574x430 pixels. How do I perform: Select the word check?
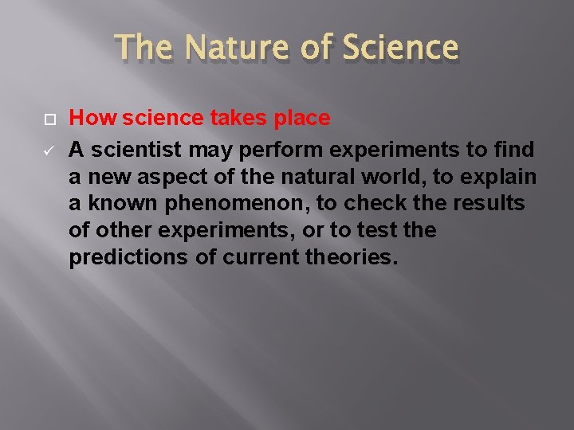point(375,204)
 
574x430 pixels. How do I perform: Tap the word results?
point(490,204)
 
